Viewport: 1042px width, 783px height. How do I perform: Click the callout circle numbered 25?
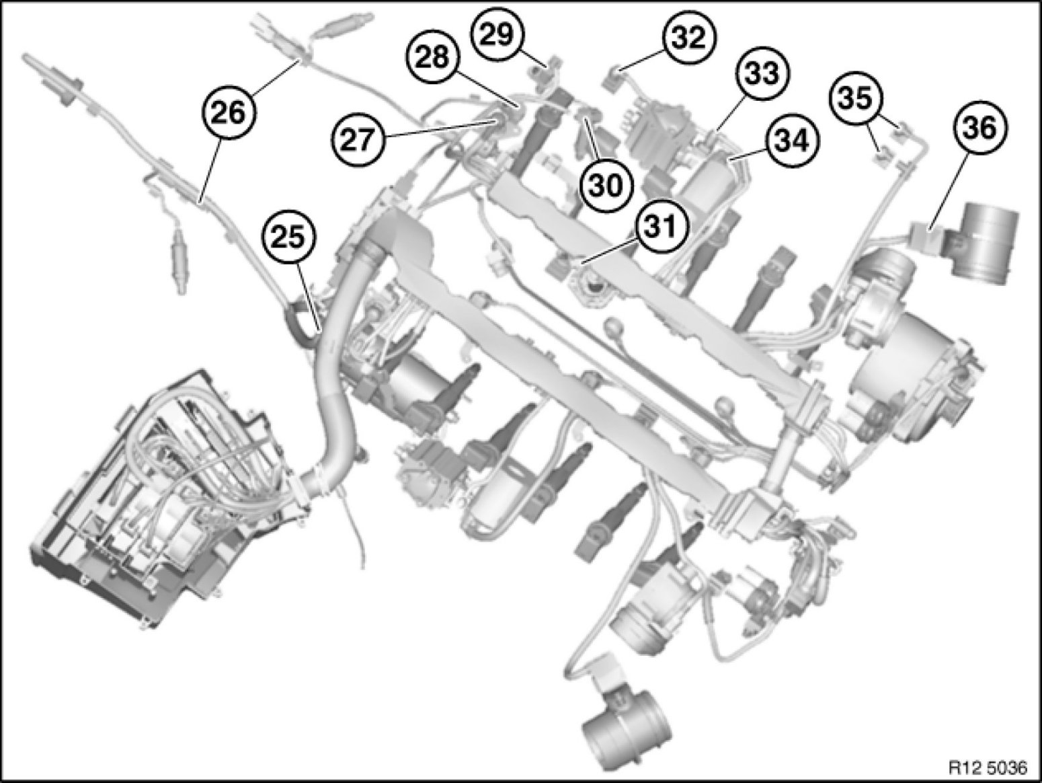pos(290,237)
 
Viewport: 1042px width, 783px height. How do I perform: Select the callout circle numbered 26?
pos(230,113)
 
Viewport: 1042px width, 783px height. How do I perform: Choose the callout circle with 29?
pos(497,33)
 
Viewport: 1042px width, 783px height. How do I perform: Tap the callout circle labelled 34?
pos(793,141)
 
